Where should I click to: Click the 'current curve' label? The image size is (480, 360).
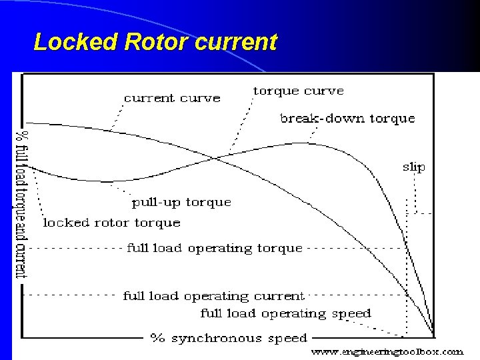172,98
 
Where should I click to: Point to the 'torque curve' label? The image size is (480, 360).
298,91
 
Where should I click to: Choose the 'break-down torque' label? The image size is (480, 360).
347,119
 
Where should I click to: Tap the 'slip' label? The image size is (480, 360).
413,167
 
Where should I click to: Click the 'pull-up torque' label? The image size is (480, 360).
181,202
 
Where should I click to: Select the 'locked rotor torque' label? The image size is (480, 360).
111,223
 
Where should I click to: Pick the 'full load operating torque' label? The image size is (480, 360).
215,248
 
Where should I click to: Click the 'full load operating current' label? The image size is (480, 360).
213,296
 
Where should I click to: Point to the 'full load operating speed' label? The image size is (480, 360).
285,313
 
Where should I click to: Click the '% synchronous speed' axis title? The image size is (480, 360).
228,339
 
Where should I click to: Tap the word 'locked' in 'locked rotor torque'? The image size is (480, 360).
63,223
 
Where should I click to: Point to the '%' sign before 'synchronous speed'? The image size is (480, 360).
157,339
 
